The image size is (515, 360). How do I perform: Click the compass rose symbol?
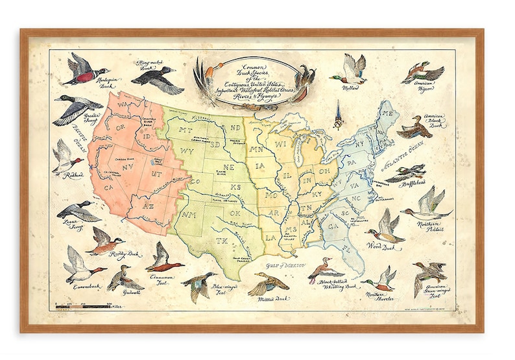337,119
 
